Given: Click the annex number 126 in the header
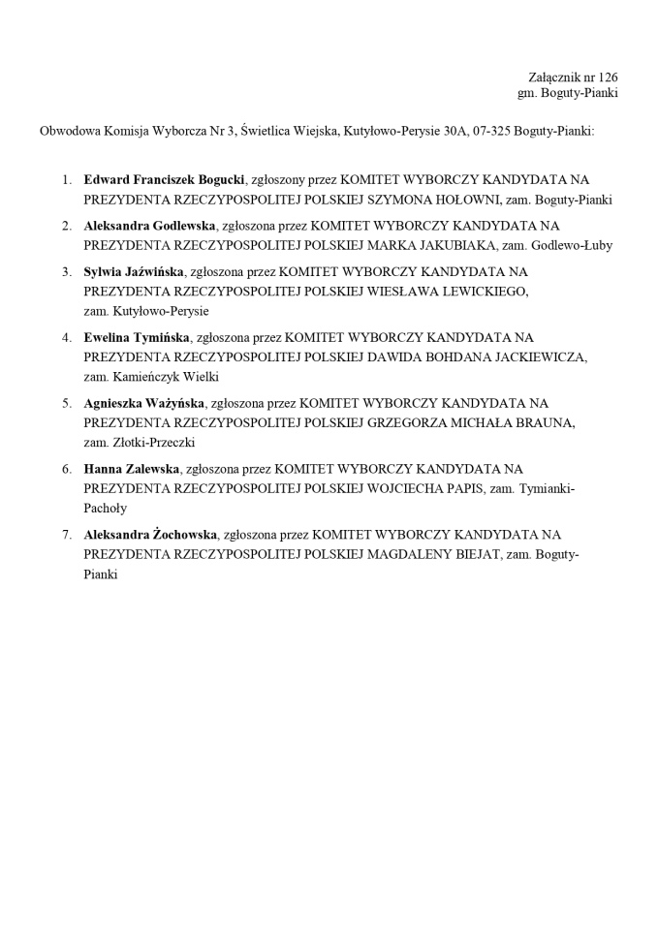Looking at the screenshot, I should tap(609, 77).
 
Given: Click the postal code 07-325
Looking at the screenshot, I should tap(492, 130).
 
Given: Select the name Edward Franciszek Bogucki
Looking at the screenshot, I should tap(165, 180).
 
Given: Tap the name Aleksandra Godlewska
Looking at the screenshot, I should tap(150, 226).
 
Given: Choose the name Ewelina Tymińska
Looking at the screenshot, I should tap(136, 337).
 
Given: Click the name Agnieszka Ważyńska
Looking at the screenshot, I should tap(143, 402).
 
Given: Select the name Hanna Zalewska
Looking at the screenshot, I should tap(132, 468).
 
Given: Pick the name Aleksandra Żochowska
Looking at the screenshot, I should tap(150, 534).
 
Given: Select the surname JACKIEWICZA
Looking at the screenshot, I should tap(537, 356).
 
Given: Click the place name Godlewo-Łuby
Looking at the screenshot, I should tap(572, 245).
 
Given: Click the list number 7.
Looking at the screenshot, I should tap(66, 534).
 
